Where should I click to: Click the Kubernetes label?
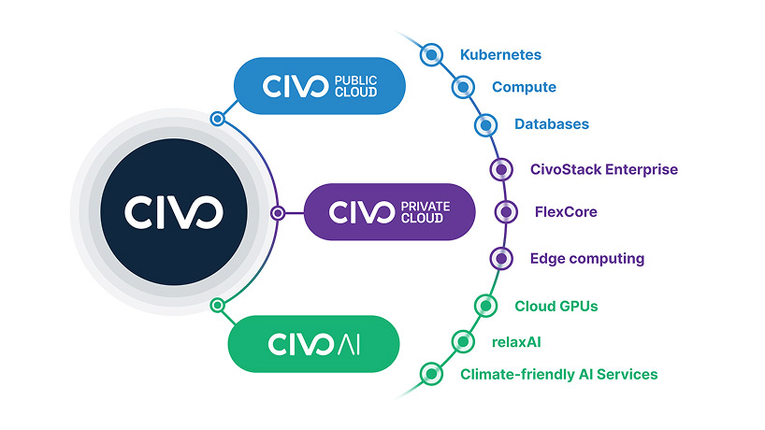pyautogui.click(x=500, y=55)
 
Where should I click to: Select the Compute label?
pyautogui.click(x=524, y=87)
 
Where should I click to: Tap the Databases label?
pyautogui.click(x=552, y=123)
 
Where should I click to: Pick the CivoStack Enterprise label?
pyautogui.click(x=603, y=169)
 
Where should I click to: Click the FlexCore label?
pyautogui.click(x=565, y=211)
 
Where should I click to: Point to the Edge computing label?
pyautogui.click(x=586, y=258)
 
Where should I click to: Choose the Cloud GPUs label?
pyautogui.click(x=556, y=306)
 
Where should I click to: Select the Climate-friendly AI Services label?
pyautogui.click(x=558, y=374)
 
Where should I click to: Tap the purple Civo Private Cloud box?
pyautogui.click(x=390, y=212)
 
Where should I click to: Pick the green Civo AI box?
pyautogui.click(x=313, y=343)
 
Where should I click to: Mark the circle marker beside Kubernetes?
pyautogui.click(x=430, y=55)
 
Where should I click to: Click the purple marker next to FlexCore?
pyautogui.click(x=506, y=212)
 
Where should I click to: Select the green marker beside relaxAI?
pyautogui.click(x=462, y=341)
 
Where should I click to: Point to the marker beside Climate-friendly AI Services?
pyautogui.click(x=430, y=374)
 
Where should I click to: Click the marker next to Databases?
pyautogui.click(x=484, y=124)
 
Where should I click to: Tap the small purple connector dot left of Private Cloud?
pyautogui.click(x=278, y=213)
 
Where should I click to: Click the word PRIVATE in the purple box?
pyautogui.click(x=426, y=203)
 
